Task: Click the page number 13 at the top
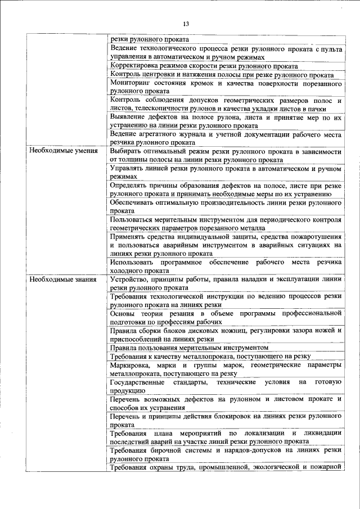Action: [186, 24]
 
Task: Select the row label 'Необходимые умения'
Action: [64, 151]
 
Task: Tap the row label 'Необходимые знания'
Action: [63, 279]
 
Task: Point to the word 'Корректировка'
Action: [136, 65]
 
